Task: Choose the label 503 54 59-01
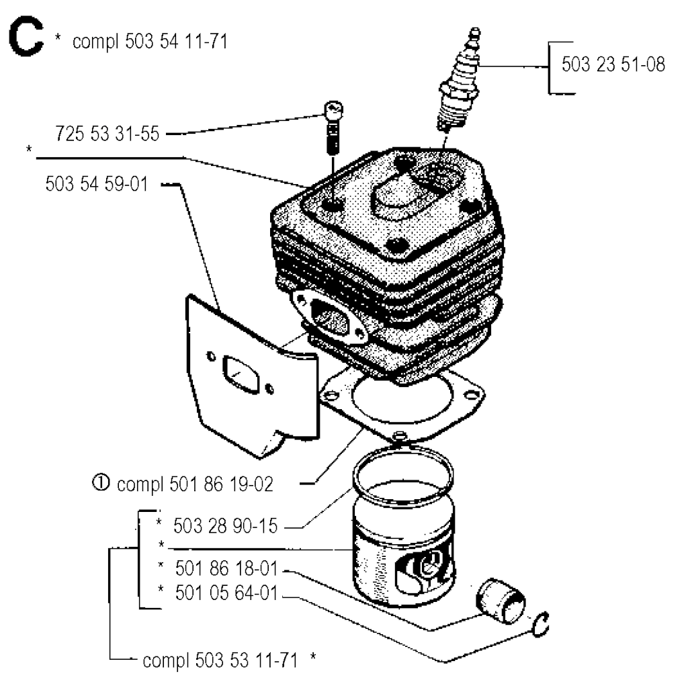click(x=97, y=183)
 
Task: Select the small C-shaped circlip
click(x=540, y=625)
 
